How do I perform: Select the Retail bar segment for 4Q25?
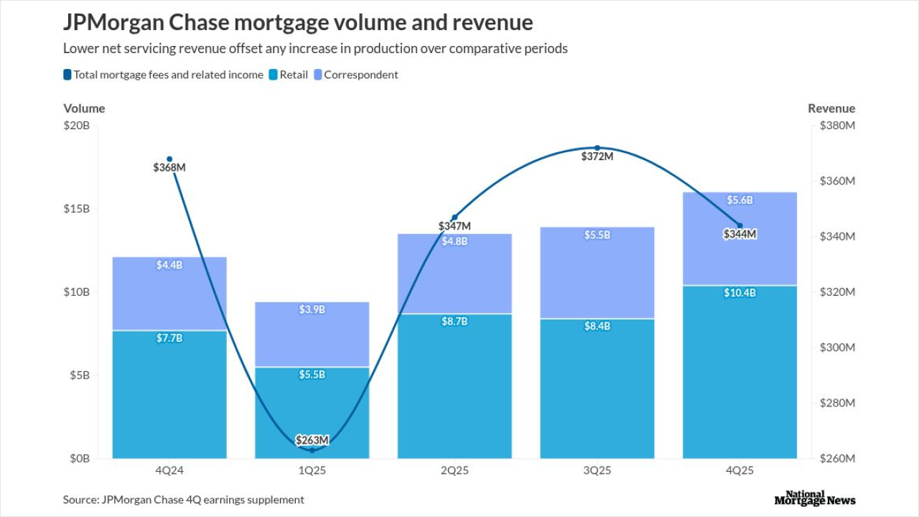(740, 373)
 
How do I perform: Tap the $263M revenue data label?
(312, 440)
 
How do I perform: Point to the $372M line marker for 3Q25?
(597, 148)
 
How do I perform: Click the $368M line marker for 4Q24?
(169, 159)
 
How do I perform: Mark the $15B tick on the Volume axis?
(77, 209)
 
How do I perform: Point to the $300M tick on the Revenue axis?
(837, 348)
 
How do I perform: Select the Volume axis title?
(84, 108)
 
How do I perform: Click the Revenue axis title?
(831, 108)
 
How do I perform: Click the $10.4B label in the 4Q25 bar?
(740, 293)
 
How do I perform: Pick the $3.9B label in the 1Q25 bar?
(312, 309)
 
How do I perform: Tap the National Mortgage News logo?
(815, 498)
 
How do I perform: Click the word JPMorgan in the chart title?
(113, 23)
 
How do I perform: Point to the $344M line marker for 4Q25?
(740, 225)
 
